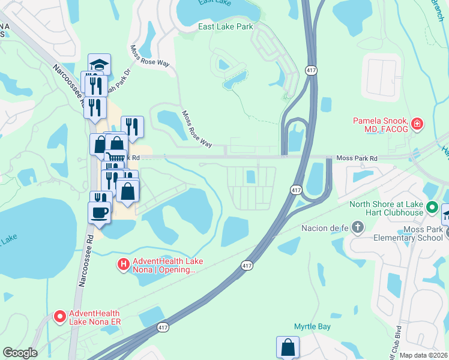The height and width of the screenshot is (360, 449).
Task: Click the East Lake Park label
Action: coord(226,26)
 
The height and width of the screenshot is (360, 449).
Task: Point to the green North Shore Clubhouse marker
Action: coord(432,208)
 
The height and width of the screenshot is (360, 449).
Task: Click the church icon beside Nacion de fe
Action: coord(358,227)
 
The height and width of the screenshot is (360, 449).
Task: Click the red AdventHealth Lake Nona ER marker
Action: coord(60,316)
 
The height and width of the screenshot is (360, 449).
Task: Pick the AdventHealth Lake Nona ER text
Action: coord(95,318)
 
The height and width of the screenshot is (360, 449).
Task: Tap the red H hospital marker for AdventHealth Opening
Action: coord(123,263)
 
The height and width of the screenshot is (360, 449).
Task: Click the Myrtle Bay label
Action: coord(312,326)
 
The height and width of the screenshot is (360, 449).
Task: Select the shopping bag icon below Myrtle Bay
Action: coord(288,347)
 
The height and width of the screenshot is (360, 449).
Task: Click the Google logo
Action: coord(20,353)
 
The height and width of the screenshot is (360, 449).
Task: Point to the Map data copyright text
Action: coord(424,355)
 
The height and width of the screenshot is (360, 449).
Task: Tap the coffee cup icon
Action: coord(99,212)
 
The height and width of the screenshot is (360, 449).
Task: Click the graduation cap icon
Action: coord(99,64)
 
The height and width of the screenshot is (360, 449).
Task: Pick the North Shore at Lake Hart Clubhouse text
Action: coord(387,208)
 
